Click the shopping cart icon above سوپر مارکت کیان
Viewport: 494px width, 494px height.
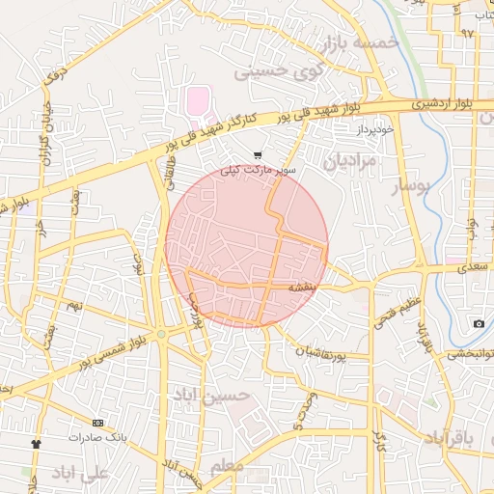[x=257, y=154]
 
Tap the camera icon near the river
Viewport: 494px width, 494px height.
[x=479, y=323]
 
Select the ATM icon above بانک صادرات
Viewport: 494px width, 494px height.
[x=97, y=423]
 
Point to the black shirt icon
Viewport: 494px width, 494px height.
[x=37, y=444]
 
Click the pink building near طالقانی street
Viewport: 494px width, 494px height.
[x=196, y=99]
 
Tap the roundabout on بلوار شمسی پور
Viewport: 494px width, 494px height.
[x=161, y=334]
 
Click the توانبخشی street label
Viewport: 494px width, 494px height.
[x=470, y=353]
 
